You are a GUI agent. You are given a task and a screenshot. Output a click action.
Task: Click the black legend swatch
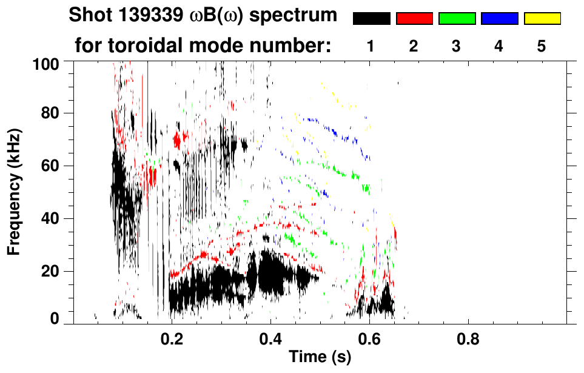click(x=371, y=19)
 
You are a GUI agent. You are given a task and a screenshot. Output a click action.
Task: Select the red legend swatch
click(x=414, y=19)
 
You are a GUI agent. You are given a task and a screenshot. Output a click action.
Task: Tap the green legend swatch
click(x=457, y=19)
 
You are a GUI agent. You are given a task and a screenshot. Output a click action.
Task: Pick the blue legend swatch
click(x=499, y=19)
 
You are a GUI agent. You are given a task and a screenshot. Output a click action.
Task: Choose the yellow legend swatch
click(x=542, y=19)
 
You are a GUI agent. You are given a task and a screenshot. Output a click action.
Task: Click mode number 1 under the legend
click(x=371, y=46)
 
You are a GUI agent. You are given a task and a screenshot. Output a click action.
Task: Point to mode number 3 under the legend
click(x=457, y=46)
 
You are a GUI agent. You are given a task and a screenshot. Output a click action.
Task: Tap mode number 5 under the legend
click(x=542, y=46)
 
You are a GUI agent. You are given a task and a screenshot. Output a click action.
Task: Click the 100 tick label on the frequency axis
click(x=47, y=63)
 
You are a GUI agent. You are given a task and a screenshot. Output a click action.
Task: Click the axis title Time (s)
click(x=320, y=358)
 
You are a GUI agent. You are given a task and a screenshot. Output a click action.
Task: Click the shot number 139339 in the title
click(x=133, y=15)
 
